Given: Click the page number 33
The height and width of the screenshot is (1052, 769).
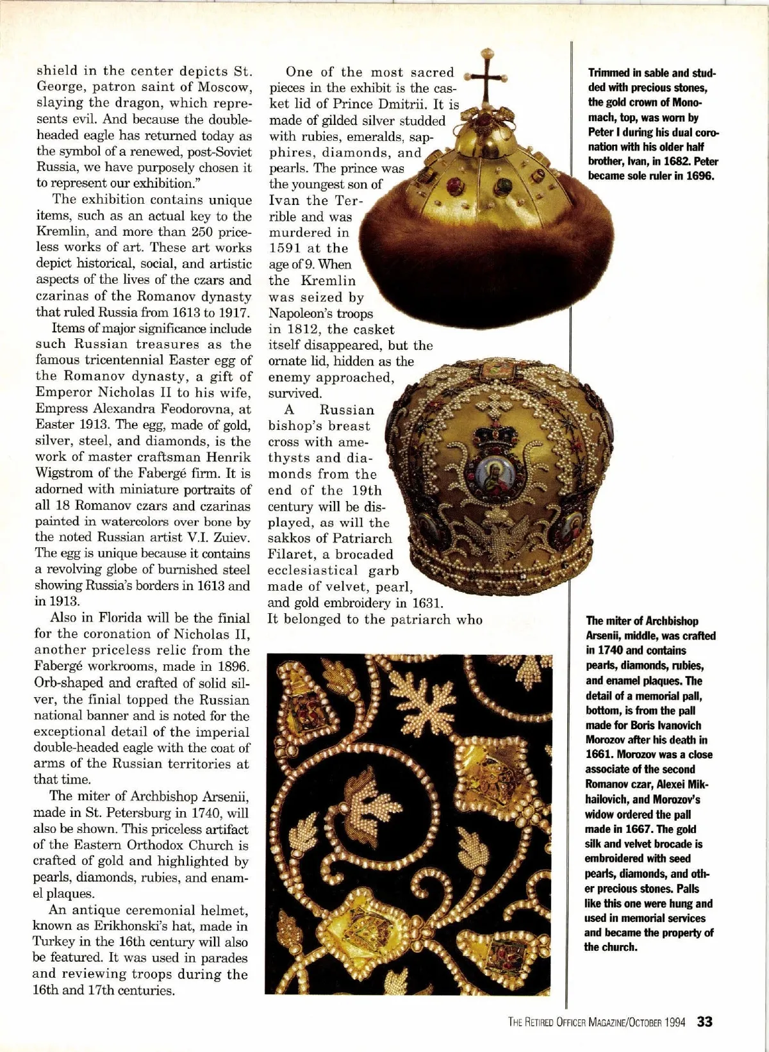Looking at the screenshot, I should (705, 1021).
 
